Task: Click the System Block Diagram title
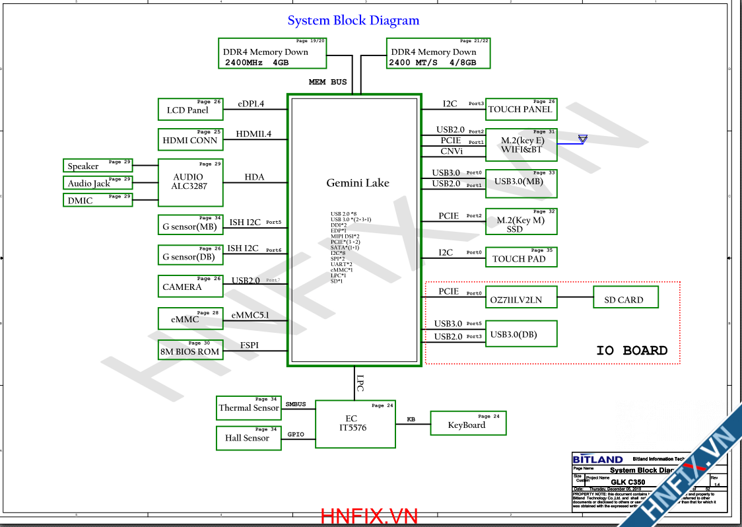[353, 20]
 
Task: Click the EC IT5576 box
[354, 423]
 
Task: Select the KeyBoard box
[467, 424]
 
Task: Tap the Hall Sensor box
[248, 438]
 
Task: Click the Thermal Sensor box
[249, 407]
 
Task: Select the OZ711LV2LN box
[521, 299]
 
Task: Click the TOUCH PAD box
[521, 258]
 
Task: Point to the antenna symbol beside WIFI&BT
[582, 139]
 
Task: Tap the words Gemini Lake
[358, 183]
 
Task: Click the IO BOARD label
[632, 351]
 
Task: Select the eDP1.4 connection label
[251, 104]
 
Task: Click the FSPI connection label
[249, 345]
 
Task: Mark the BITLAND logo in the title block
[597, 460]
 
